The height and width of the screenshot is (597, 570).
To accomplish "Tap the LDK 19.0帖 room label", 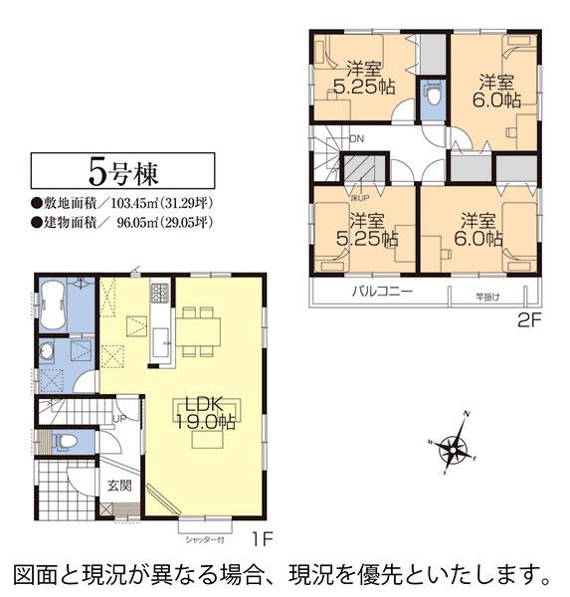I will pyautogui.click(x=207, y=412).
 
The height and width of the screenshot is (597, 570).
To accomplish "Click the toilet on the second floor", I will pyautogui.click(x=431, y=98).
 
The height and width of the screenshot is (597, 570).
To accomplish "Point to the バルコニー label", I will pyautogui.click(x=380, y=293).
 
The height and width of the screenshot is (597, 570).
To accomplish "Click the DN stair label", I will pyautogui.click(x=356, y=137).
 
